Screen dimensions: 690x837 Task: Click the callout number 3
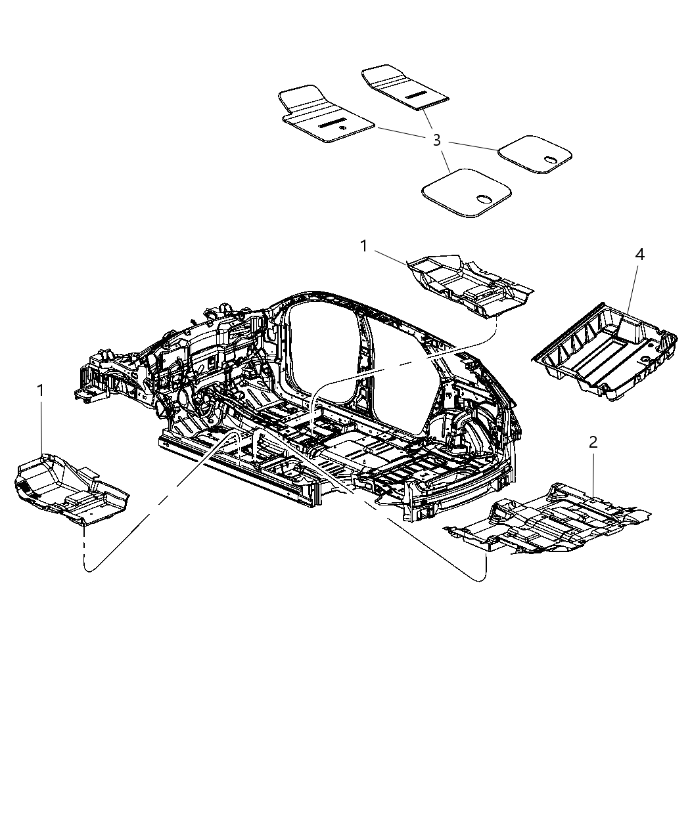click(x=437, y=140)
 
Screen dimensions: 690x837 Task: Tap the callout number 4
click(x=639, y=254)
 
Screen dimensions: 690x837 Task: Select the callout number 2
click(x=593, y=442)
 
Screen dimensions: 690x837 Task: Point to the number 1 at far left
click(x=40, y=391)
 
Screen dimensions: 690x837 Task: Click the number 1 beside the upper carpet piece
click(x=363, y=246)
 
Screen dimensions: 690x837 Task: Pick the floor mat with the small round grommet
click(x=326, y=114)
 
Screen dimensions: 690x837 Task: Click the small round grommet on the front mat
click(x=342, y=128)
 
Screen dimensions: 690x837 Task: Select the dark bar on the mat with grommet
click(x=332, y=123)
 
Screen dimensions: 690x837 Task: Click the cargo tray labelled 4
click(x=604, y=352)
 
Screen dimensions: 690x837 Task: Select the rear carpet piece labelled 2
click(x=547, y=519)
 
